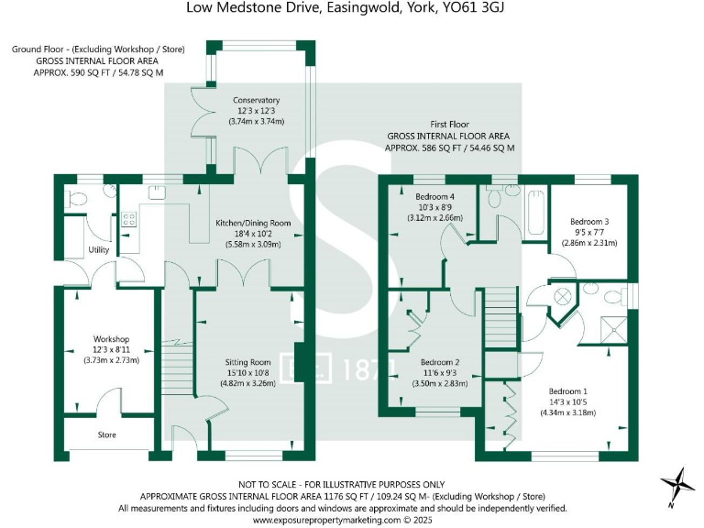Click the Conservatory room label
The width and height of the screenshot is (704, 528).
(x=256, y=100)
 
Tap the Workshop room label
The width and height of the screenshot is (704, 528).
(x=111, y=339)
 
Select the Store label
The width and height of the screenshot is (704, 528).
(x=107, y=434)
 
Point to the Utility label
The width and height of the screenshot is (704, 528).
(x=99, y=249)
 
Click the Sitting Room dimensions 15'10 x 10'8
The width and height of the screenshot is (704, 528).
(x=247, y=373)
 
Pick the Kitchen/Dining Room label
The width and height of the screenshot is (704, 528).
(x=253, y=223)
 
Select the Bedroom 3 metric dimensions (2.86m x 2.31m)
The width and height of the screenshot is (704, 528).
(x=589, y=243)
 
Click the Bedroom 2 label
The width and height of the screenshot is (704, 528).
(x=440, y=362)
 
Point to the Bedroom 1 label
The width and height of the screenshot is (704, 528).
(x=568, y=391)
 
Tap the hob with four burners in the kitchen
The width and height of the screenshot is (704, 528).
(x=128, y=220)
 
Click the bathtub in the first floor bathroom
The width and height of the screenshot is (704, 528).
(x=535, y=213)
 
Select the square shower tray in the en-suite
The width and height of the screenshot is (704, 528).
(x=614, y=330)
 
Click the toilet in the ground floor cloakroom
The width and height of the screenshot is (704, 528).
(x=75, y=198)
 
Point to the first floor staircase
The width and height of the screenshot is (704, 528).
(x=501, y=316)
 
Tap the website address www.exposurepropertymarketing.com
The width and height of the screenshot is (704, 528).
(x=326, y=520)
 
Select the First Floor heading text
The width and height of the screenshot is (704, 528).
(x=449, y=125)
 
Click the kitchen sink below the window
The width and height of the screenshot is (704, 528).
(x=157, y=192)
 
